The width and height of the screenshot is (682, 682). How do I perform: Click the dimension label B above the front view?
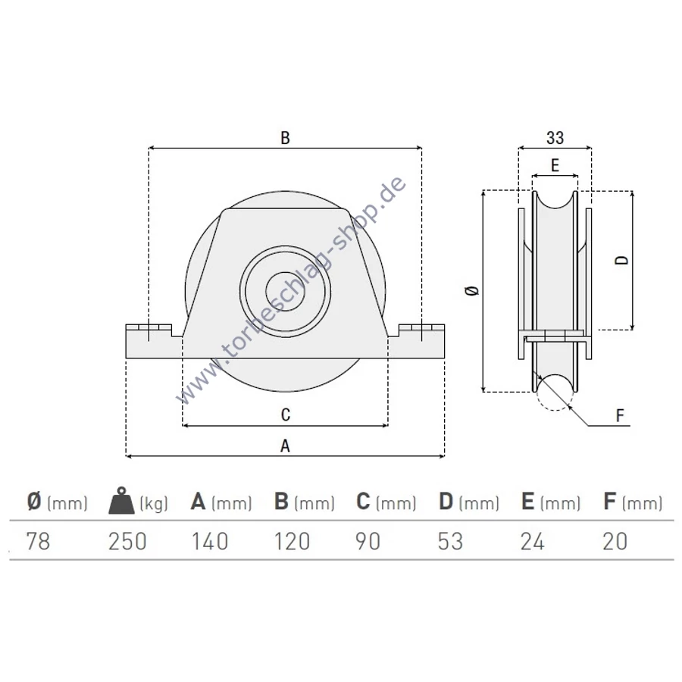point(285,138)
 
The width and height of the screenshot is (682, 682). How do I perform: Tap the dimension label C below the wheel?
point(286,415)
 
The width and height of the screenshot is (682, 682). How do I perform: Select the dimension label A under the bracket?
point(285,446)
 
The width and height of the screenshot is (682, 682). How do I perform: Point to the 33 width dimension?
point(555,138)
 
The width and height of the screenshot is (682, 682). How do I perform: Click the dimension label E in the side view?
point(555,165)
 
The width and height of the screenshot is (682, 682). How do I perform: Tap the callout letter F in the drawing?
point(620,416)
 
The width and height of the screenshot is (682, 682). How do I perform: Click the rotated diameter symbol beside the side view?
point(472,290)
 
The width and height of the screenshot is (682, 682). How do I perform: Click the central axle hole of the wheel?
point(285,292)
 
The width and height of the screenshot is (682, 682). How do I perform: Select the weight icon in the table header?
point(122,501)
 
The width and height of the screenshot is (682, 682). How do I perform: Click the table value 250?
point(127,542)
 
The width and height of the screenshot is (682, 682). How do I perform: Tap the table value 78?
point(39,542)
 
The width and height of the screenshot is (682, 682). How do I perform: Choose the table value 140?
point(210,542)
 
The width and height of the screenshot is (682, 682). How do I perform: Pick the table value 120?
point(292,542)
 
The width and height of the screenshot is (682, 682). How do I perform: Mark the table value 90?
point(368,542)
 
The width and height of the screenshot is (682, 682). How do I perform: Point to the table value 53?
point(450,542)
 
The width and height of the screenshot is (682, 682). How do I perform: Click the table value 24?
point(533,542)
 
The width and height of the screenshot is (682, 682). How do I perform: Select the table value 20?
point(615,542)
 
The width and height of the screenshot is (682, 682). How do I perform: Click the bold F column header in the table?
point(609,501)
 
